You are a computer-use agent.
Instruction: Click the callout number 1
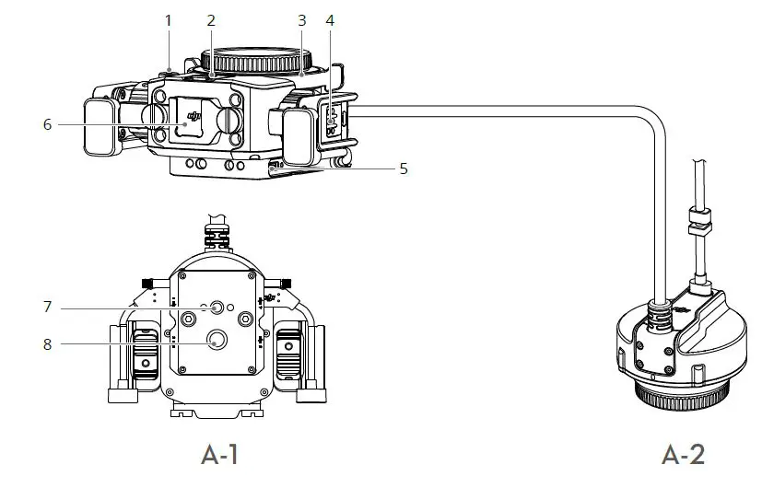(168, 19)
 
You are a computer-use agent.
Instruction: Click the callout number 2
(211, 19)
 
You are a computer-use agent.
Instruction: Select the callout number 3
(300, 19)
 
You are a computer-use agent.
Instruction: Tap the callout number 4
(330, 19)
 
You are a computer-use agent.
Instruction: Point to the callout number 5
(403, 168)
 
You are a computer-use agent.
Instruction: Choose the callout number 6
(47, 124)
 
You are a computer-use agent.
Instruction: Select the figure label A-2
(684, 454)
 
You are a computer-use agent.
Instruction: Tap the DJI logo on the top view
(193, 116)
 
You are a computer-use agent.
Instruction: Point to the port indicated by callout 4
(330, 120)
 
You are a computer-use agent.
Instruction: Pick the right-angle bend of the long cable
(652, 123)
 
